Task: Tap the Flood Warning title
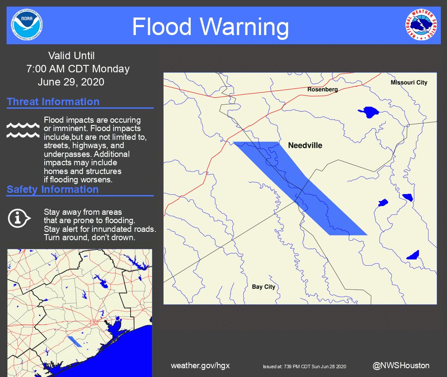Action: point(210,27)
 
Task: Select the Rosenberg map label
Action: point(323,89)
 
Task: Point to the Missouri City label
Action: point(408,82)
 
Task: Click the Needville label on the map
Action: point(305,146)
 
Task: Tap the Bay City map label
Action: point(263,287)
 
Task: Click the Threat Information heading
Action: point(53,102)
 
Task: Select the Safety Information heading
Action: point(53,189)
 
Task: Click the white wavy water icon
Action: point(23,130)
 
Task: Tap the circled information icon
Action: point(19,217)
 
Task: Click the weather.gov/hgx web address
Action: point(200,366)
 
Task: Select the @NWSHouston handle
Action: point(401,365)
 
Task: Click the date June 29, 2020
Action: point(71,82)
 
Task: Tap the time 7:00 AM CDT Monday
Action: point(78,69)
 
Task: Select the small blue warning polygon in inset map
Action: point(75,342)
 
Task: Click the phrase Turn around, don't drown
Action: point(89,237)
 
